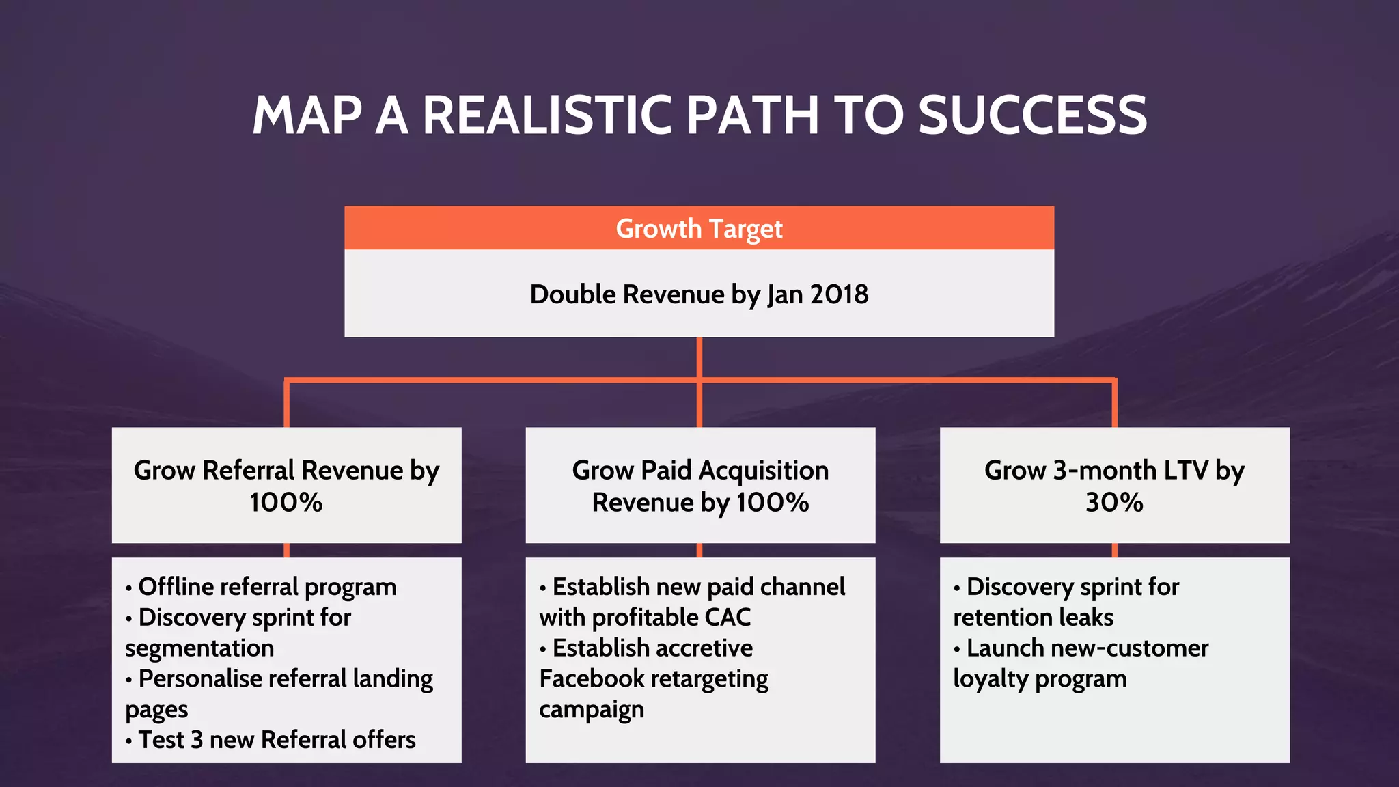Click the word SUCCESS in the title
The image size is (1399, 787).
coord(1032,115)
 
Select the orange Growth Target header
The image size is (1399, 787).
coord(699,228)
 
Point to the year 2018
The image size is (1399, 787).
coord(839,294)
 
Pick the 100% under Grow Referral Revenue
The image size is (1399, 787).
coord(286,503)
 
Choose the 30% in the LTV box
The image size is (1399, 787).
coord(1114,503)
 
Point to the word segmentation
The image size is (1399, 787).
coord(199,648)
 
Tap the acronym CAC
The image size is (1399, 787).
coord(728,618)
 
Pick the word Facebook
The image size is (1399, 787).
coord(592,679)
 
